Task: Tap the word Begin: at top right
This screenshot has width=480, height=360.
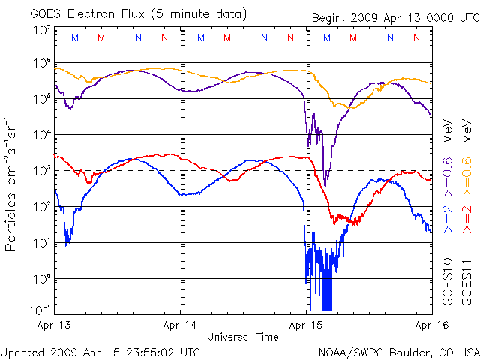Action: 331,18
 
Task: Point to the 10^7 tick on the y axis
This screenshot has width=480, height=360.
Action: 41,29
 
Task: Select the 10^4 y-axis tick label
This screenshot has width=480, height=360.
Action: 41,134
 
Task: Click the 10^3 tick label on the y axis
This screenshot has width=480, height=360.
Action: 41,170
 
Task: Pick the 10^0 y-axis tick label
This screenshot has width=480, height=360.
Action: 41,278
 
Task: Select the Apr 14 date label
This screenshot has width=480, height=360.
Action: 180,325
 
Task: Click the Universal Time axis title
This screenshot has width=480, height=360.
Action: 243,337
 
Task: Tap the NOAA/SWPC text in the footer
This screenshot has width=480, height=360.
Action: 348,351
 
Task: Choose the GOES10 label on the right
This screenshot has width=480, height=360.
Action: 448,281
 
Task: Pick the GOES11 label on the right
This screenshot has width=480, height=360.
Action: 466,281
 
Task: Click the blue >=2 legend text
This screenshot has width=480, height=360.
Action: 448,217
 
